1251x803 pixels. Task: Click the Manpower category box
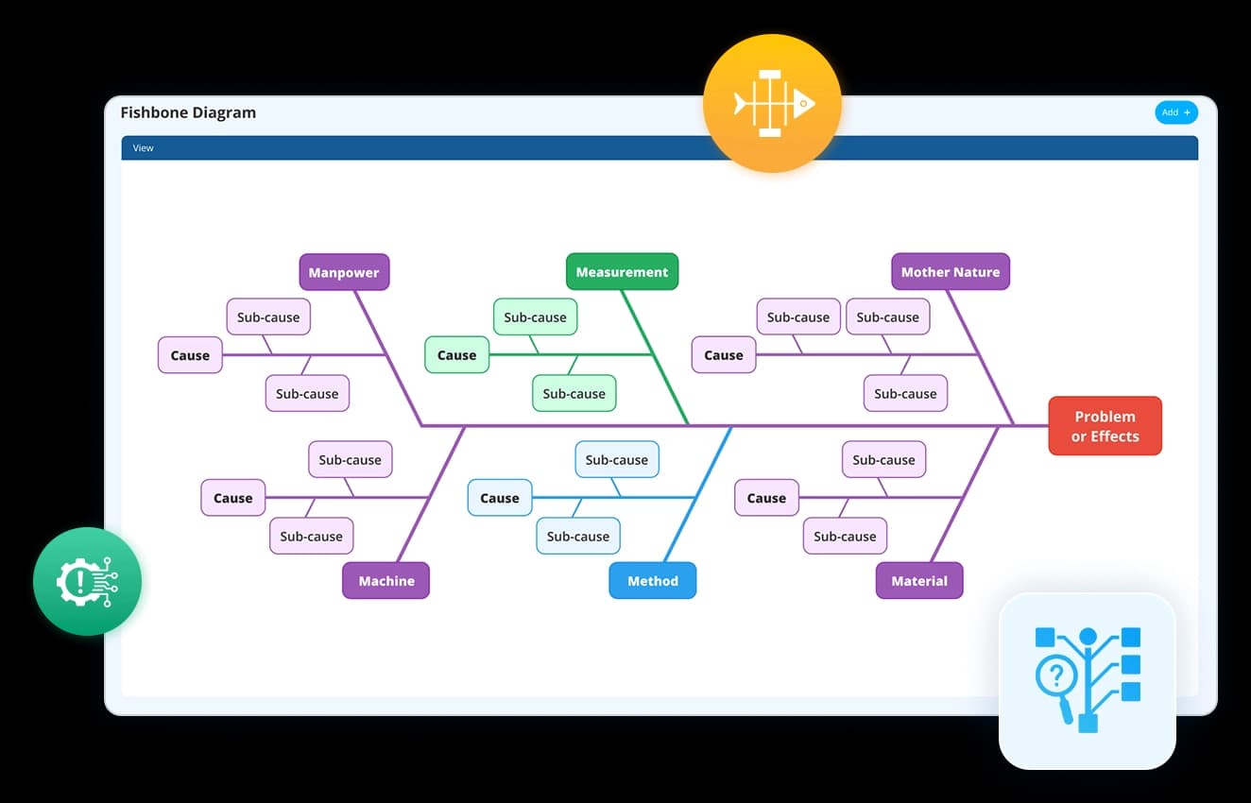pos(344,272)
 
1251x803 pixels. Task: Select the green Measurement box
pos(622,271)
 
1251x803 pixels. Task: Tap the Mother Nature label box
pos(951,271)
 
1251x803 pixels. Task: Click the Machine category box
pos(386,581)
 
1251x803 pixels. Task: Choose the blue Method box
pos(653,581)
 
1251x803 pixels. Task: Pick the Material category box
pos(919,581)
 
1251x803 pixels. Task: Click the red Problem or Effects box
pos(1105,426)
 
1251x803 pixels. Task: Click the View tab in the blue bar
pos(143,148)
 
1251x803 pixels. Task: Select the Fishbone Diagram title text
pos(188,112)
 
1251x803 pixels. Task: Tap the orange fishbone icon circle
pos(772,103)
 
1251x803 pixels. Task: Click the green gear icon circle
pos(87,581)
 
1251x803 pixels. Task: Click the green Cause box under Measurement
pos(456,354)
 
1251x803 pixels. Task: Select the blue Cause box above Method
pos(500,498)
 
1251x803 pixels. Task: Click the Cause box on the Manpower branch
pos(190,354)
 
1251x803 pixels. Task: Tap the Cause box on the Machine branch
pos(232,498)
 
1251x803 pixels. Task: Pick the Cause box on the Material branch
pos(766,498)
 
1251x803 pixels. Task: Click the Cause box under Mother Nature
pos(724,354)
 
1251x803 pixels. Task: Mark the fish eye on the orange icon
pos(804,103)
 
